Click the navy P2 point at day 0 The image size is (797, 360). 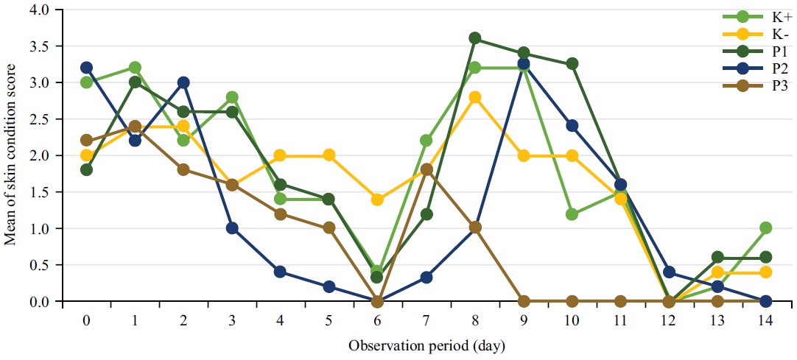pyautogui.click(x=86, y=68)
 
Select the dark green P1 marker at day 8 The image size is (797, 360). pyautogui.click(x=475, y=38)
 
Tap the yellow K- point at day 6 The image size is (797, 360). pyautogui.click(x=377, y=200)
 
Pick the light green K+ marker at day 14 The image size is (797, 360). pyautogui.click(x=765, y=228)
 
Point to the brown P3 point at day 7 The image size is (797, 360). pyautogui.click(x=426, y=170)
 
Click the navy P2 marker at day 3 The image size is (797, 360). pyautogui.click(x=232, y=228)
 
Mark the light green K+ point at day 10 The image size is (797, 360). pyautogui.click(x=572, y=214)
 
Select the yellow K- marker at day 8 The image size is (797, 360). pyautogui.click(x=475, y=97)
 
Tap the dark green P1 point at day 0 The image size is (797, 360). pyautogui.click(x=86, y=170)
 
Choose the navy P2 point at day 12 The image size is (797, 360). pyautogui.click(x=669, y=272)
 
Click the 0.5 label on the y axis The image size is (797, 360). pyautogui.click(x=45, y=265)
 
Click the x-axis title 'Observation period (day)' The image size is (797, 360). pyautogui.click(x=426, y=345)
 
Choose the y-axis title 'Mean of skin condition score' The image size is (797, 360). pyautogui.click(x=13, y=156)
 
